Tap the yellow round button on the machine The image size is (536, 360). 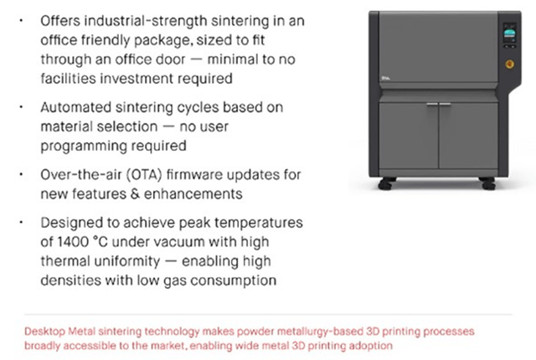[x=507, y=64]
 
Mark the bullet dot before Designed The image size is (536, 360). [x=20, y=222]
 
